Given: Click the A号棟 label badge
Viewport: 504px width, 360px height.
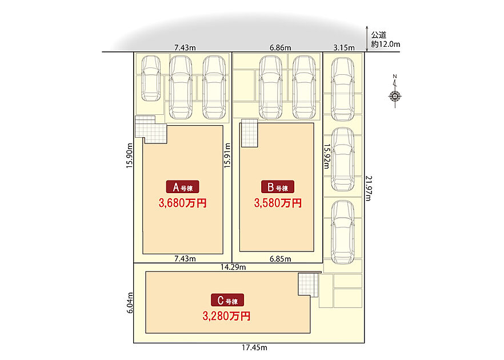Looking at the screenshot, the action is [183, 187].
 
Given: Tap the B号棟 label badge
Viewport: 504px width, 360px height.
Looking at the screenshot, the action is [278, 187].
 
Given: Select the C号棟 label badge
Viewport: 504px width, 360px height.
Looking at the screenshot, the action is [227, 300].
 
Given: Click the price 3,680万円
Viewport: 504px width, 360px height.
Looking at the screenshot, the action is [183, 203].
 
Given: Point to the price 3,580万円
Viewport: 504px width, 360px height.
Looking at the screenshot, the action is [278, 203].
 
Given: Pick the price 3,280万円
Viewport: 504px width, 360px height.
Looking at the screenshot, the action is [227, 317].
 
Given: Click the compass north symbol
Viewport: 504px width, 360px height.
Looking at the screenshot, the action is [395, 91].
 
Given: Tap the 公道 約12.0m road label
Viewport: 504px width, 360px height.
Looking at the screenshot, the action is [385, 39].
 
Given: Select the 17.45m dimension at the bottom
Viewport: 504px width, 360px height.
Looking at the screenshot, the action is [255, 347].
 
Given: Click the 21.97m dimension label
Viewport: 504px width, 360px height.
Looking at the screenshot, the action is [369, 188].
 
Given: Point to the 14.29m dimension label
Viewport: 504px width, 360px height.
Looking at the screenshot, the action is [233, 267].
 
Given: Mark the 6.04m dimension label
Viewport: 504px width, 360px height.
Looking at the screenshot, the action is [130, 303].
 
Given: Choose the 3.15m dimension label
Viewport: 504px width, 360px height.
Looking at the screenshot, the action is [344, 48].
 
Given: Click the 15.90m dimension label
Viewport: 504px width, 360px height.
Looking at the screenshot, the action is [130, 155].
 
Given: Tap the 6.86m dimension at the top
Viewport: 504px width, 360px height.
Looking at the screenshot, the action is [280, 48].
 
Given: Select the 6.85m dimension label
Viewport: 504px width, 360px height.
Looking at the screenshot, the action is [280, 259].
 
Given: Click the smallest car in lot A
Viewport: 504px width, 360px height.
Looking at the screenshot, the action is [151, 78].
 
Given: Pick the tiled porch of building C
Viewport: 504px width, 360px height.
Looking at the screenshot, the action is [308, 285].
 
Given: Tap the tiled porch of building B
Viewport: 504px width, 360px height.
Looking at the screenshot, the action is [249, 133].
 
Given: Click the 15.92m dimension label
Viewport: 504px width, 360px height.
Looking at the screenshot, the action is [327, 156].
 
